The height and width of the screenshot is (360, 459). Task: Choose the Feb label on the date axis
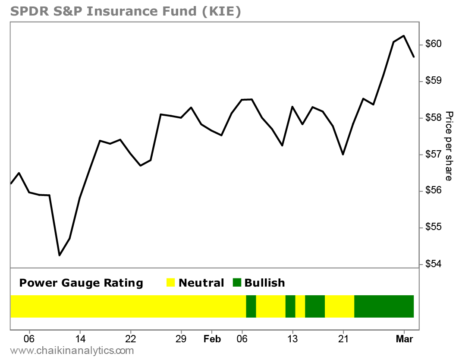pyautogui.click(x=212, y=339)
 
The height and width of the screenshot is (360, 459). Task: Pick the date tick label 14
pyautogui.click(x=80, y=339)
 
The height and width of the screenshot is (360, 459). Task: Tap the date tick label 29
pyautogui.click(x=181, y=339)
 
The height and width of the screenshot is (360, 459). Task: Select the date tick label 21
pyautogui.click(x=343, y=339)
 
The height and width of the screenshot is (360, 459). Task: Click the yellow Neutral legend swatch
pyautogui.click(x=171, y=283)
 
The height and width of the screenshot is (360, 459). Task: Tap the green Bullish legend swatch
pyautogui.click(x=237, y=283)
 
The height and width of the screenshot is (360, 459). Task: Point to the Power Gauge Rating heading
pyautogui.click(x=81, y=283)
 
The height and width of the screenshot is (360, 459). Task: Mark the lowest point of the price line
pyautogui.click(x=60, y=256)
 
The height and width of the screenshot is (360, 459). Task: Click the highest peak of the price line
pyautogui.click(x=403, y=36)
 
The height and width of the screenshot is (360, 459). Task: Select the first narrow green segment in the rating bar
pyautogui.click(x=251, y=306)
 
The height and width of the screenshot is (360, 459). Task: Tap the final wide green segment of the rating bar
pyautogui.click(x=384, y=306)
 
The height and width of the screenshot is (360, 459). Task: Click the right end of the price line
pyautogui.click(x=414, y=57)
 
